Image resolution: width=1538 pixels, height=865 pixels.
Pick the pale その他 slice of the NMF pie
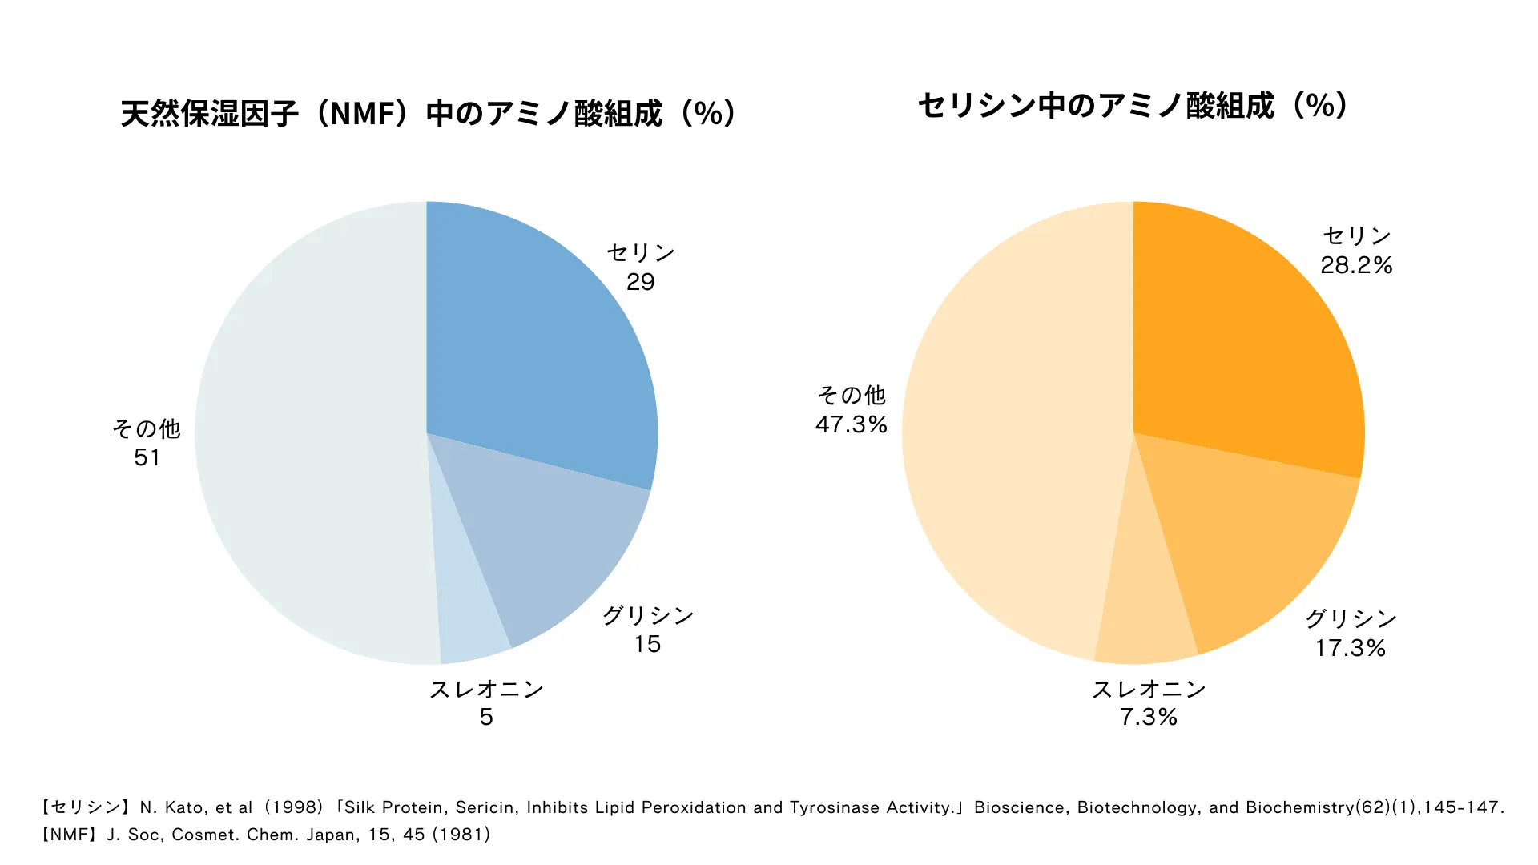coord(312,432)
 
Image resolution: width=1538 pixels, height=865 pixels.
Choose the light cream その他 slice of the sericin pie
coord(1017,432)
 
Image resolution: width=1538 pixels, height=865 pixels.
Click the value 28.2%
coord(1356,265)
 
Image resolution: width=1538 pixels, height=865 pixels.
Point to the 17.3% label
coord(1350,648)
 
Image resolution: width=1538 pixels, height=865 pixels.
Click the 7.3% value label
coord(1149,717)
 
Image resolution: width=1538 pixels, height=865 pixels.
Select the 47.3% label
coord(852,424)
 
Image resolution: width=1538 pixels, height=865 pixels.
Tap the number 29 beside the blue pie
coord(640,282)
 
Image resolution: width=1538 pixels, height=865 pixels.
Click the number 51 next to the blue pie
coord(147,457)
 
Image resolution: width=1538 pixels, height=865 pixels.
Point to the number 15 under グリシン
coord(647,644)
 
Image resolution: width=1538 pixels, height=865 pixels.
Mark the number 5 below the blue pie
coord(486,717)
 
